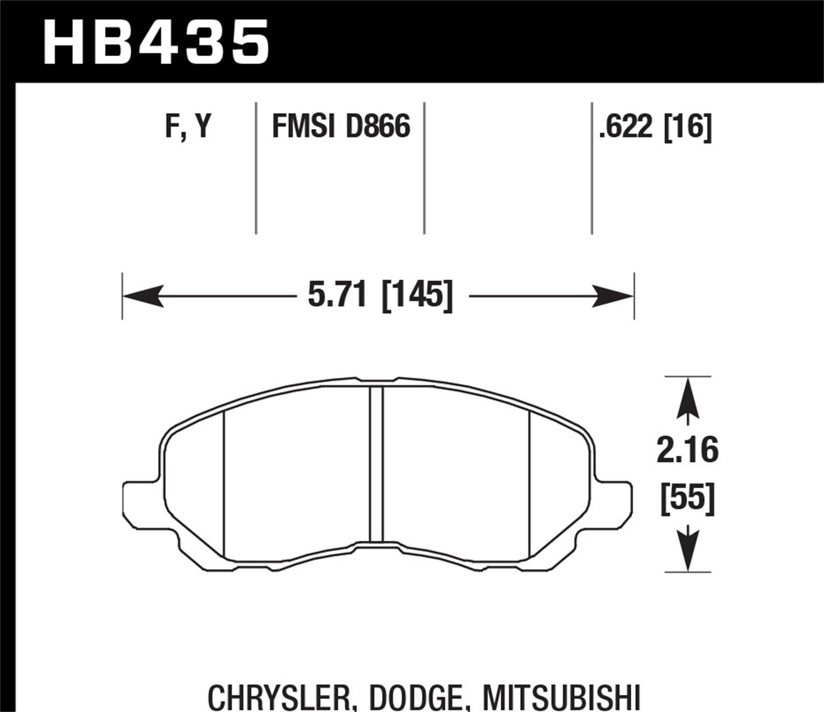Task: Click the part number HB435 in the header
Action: [x=157, y=41]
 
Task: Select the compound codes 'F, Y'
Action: [x=188, y=127]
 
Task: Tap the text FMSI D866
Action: [x=341, y=127]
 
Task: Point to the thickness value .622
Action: [x=626, y=127]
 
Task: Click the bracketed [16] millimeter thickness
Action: [x=688, y=127]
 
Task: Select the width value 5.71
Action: [x=337, y=296]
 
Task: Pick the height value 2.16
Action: [x=687, y=451]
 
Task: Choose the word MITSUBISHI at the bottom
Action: [x=561, y=696]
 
